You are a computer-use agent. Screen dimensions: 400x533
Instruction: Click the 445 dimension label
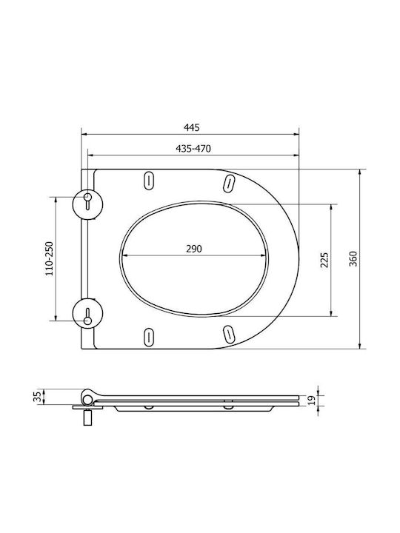coord(192,127)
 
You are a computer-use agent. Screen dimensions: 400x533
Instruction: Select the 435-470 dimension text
coord(193,149)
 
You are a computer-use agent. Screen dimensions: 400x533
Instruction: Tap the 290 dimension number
coord(194,249)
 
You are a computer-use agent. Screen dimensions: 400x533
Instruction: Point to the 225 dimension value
coord(324,260)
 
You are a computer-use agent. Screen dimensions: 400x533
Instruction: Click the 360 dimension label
coord(353,258)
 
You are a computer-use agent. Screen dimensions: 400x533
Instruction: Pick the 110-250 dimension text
coord(50,258)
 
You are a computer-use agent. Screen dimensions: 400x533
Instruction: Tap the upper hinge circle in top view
coord(87,204)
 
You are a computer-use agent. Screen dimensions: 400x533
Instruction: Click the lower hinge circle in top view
coord(87,313)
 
